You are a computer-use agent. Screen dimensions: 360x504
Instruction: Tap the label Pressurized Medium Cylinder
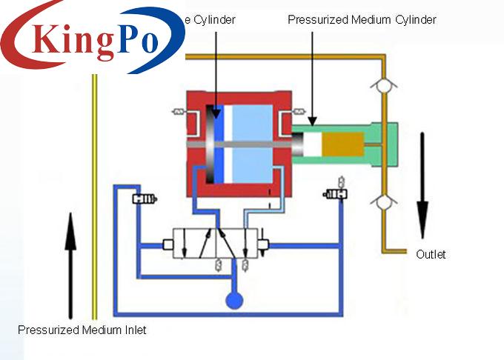tap(362, 20)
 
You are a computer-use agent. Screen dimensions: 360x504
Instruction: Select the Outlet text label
tap(431, 254)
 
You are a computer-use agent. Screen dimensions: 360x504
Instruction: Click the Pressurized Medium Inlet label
tap(82, 330)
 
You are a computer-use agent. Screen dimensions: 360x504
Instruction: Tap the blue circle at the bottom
tap(235, 300)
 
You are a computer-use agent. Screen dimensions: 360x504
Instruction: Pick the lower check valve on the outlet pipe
tap(382, 201)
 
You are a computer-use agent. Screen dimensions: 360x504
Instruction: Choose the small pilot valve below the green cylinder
tap(335, 193)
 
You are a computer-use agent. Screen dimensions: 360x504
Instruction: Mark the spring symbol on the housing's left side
tap(179, 112)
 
